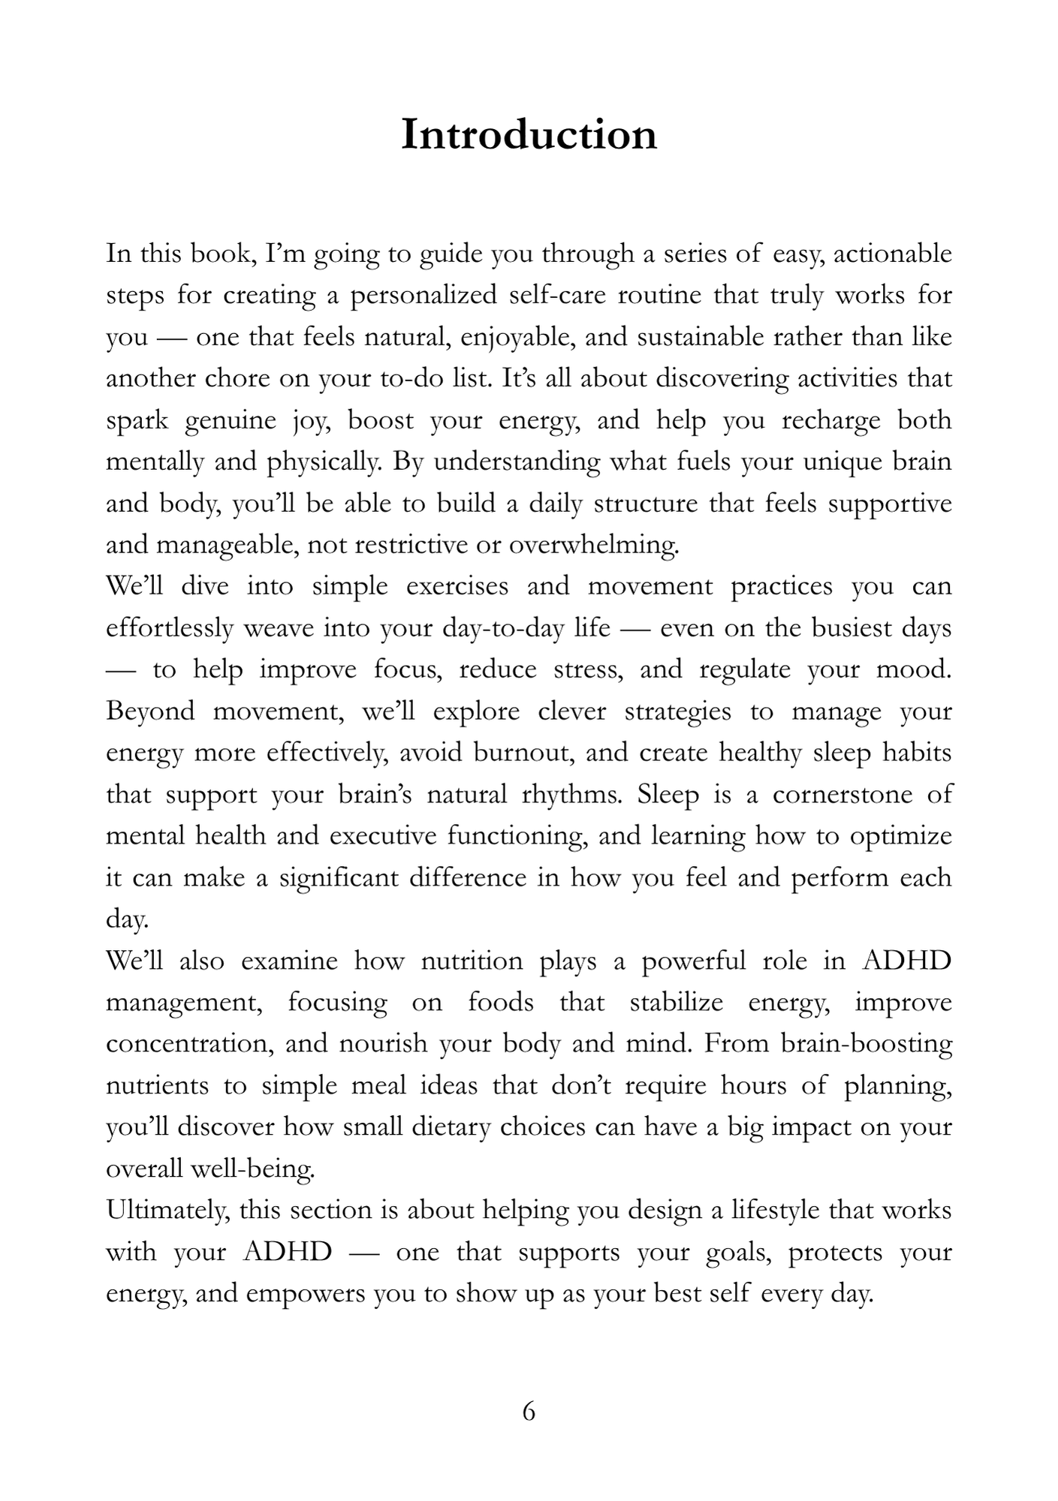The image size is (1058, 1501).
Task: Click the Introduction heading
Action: click(529, 135)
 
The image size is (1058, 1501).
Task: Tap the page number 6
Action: click(529, 1412)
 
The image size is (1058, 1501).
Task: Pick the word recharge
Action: click(830, 420)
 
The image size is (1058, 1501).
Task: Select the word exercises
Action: click(457, 586)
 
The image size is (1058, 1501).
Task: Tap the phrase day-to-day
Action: click(503, 627)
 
